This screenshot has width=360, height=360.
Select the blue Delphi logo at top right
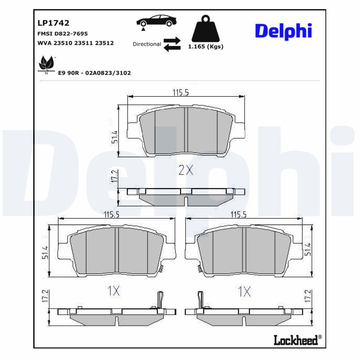click(x=283, y=31)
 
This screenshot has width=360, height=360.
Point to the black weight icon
click(x=205, y=29)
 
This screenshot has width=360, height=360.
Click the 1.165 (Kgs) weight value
click(x=205, y=46)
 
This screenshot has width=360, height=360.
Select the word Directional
click(x=147, y=44)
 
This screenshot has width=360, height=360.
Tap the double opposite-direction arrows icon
click(x=171, y=44)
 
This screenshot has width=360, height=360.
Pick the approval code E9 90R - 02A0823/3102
click(x=94, y=72)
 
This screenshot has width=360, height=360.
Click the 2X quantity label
click(x=185, y=170)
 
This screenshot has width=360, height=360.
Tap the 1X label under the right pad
click(x=244, y=291)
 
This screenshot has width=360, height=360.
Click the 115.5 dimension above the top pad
click(x=180, y=92)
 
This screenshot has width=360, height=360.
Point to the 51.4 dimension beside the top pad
click(x=114, y=137)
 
